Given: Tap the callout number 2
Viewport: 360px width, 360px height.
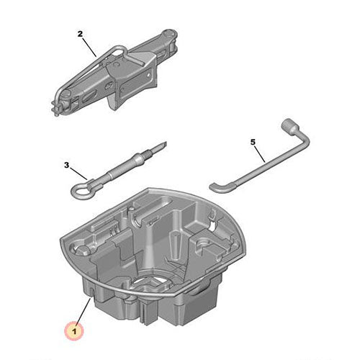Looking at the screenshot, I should click(x=80, y=34).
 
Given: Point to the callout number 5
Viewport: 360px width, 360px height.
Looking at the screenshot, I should click(x=253, y=142).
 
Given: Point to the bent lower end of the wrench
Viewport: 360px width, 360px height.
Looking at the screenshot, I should click(x=217, y=186).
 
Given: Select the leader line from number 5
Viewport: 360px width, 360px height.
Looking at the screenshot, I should click(x=261, y=152).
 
